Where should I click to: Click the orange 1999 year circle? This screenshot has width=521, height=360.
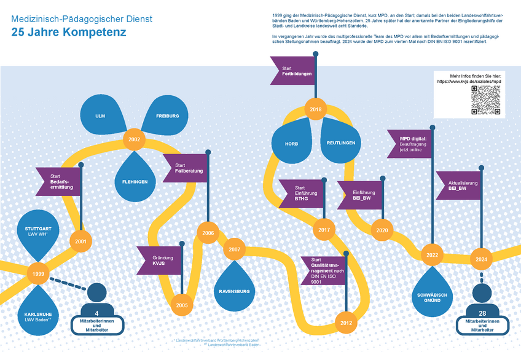pyautogui.click(x=37, y=274)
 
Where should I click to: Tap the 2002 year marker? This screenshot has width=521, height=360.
pyautogui.click(x=134, y=139)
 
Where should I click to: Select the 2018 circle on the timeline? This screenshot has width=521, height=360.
pyautogui.click(x=316, y=110)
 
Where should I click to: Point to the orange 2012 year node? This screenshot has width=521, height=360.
pyautogui.click(x=346, y=323)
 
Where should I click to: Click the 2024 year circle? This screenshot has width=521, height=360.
pyautogui.click(x=481, y=259)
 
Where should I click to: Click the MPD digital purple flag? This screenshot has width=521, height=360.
pyautogui.click(x=410, y=144)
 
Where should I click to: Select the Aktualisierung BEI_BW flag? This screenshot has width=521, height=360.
pyautogui.click(x=459, y=186)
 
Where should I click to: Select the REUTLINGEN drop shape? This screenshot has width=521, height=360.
pyautogui.click(x=340, y=141)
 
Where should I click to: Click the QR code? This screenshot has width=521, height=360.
pyautogui.click(x=485, y=100)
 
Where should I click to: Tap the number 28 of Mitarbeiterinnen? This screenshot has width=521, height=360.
pyautogui.click(x=482, y=313)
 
